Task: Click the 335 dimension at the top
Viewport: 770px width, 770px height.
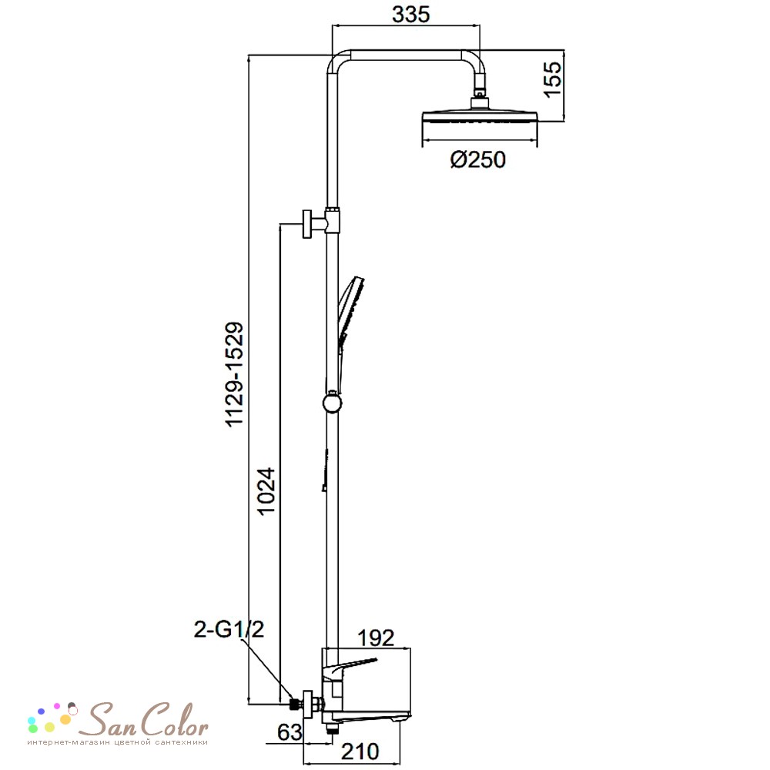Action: tap(410, 14)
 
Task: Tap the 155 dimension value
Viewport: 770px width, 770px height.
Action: tap(552, 79)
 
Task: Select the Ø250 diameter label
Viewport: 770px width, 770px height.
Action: tap(478, 159)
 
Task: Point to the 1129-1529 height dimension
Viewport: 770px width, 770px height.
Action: tap(234, 375)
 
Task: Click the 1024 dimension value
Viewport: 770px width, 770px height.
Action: tap(266, 490)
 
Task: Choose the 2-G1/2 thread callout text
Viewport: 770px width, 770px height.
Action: tap(229, 629)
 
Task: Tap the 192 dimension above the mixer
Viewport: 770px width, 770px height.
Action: tap(376, 638)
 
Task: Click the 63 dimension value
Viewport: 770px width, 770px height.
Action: tap(290, 732)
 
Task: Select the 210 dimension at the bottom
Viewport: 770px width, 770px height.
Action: tap(360, 752)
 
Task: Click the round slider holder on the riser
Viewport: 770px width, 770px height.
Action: tap(333, 403)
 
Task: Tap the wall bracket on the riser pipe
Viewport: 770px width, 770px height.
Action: tap(320, 223)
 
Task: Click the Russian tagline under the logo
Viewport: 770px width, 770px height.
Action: tap(117, 742)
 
